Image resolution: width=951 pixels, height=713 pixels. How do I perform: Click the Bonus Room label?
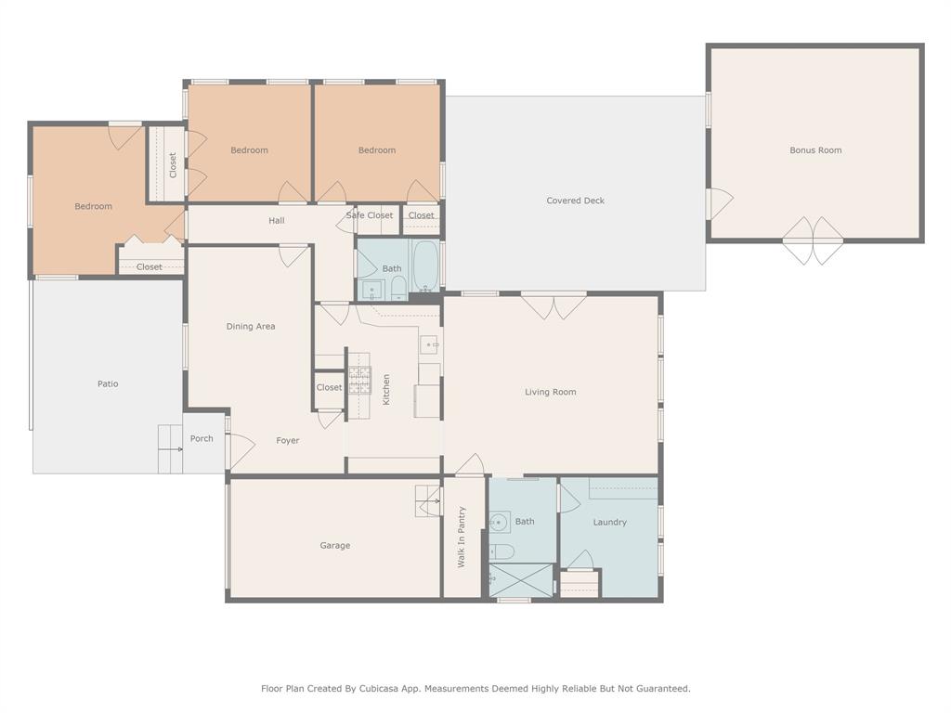(x=815, y=150)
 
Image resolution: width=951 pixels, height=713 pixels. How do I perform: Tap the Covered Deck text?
(x=575, y=201)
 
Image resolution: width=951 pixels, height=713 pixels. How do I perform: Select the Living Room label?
(x=550, y=392)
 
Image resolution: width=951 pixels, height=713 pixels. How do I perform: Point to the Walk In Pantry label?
(x=461, y=538)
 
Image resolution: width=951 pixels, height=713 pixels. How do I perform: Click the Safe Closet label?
(x=370, y=215)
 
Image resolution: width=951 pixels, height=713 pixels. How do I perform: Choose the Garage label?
(x=334, y=546)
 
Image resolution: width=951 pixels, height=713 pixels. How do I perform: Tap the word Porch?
(x=202, y=438)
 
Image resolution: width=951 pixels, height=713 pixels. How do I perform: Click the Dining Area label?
(x=251, y=327)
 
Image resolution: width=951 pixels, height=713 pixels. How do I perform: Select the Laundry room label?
(x=609, y=523)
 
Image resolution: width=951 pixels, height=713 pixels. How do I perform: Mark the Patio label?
(x=108, y=383)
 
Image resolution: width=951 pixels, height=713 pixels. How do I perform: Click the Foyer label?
(x=288, y=440)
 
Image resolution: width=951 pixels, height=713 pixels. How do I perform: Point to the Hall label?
(x=277, y=221)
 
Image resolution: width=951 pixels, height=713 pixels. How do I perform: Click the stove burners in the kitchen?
(x=359, y=382)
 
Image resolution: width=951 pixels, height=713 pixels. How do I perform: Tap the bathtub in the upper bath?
(x=425, y=266)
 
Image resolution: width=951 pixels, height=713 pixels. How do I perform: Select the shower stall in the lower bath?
(x=520, y=580)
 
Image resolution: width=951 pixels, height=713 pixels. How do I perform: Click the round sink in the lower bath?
(x=499, y=523)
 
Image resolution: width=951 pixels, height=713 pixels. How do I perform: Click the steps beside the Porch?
(x=169, y=448)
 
